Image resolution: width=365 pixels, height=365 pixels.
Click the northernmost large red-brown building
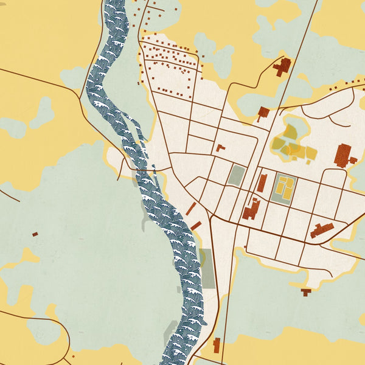[x=282, y=66]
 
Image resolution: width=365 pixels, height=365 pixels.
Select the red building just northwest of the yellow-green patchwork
[x=263, y=113]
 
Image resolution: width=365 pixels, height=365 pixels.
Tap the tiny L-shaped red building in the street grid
[x=220, y=148]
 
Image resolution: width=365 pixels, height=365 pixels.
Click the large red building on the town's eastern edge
[x=343, y=155]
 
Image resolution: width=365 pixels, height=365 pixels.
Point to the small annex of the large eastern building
[x=353, y=161]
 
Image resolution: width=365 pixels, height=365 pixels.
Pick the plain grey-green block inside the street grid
[x=236, y=176]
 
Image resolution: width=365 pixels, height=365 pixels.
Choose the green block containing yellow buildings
[x=283, y=188]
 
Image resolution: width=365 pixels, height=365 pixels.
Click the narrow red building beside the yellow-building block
[x=262, y=183]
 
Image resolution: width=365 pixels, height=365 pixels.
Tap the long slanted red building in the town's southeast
[x=322, y=231]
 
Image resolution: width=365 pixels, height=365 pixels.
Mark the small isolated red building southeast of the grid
[x=306, y=292]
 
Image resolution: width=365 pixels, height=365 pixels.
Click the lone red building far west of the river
[x=35, y=234]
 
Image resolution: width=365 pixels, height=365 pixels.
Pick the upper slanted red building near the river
[x=191, y=209]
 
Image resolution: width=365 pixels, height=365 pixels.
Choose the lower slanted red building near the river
[x=196, y=226]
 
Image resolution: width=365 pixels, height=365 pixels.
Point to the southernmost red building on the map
[x=216, y=345]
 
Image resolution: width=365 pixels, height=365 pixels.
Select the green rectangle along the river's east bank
[x=207, y=268]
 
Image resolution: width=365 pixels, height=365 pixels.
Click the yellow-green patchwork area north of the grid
[x=292, y=143]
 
